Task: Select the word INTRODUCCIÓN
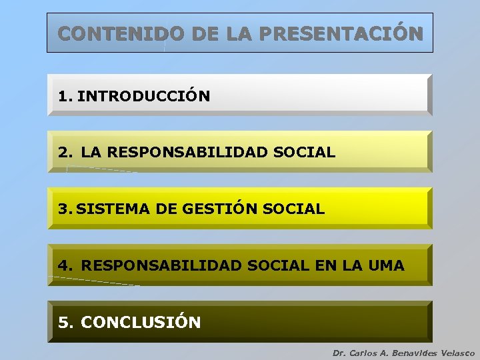coord(143,96)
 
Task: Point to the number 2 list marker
coord(64,152)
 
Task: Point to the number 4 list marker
coord(64,265)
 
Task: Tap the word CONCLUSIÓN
coord(141,323)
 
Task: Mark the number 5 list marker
coord(64,323)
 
